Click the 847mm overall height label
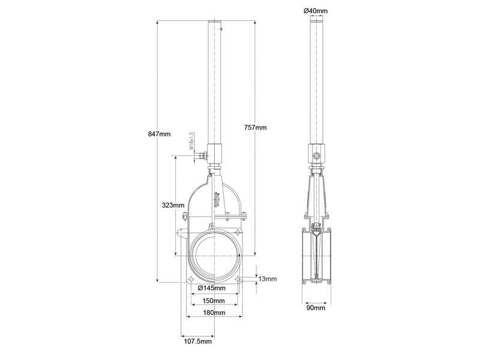pos(145,134)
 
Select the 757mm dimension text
pos(256,127)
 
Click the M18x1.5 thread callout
pos(191,141)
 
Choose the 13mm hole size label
pos(268,279)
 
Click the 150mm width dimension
pos(214,301)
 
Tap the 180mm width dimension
pos(214,313)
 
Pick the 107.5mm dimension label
pos(197,341)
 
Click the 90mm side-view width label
pos(316,308)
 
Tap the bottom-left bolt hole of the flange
pos(191,280)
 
